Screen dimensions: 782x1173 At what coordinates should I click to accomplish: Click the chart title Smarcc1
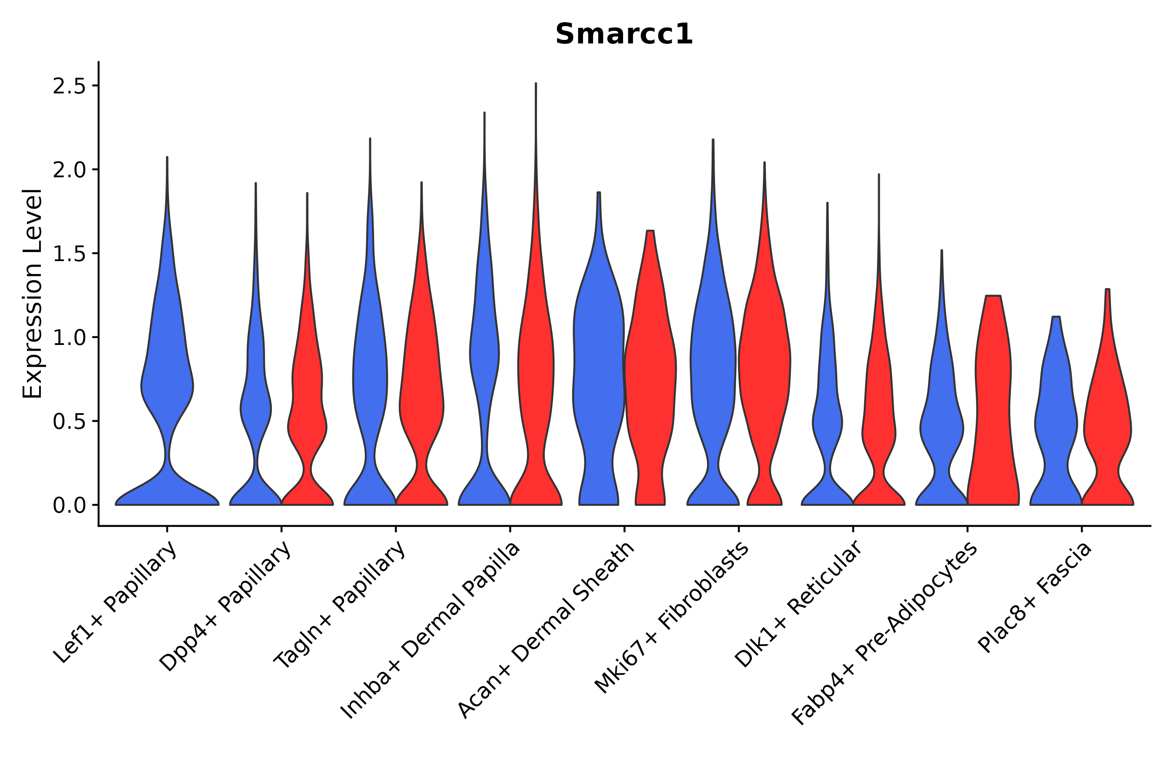(x=624, y=34)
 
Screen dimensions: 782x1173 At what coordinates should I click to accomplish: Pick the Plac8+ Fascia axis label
(x=1035, y=597)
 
